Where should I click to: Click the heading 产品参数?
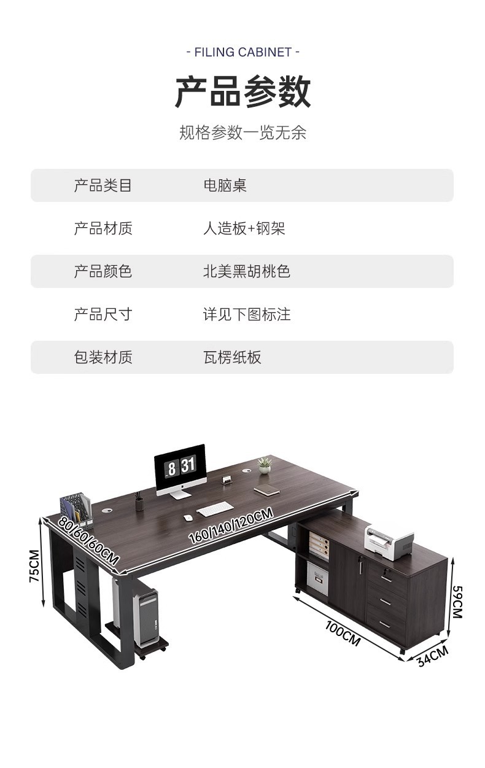pos(243,92)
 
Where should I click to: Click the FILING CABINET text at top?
pos(243,52)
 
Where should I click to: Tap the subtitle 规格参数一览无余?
pos(243,133)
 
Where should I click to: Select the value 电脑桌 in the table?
pos(225,185)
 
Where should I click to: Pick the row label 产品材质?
pos(103,228)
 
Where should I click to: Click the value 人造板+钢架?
pos(244,228)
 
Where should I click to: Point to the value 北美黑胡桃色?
pos(246,271)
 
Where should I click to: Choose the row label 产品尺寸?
pos(103,314)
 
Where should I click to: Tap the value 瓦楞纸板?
pos(232,357)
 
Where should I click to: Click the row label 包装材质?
pos(103,357)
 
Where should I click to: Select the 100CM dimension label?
pos(343,633)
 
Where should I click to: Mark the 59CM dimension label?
pos(457,602)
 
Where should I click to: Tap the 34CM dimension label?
pos(432,656)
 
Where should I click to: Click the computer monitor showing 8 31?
pos(179,467)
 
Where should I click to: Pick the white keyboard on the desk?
pos(215,508)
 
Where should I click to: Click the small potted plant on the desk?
pos(265,465)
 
